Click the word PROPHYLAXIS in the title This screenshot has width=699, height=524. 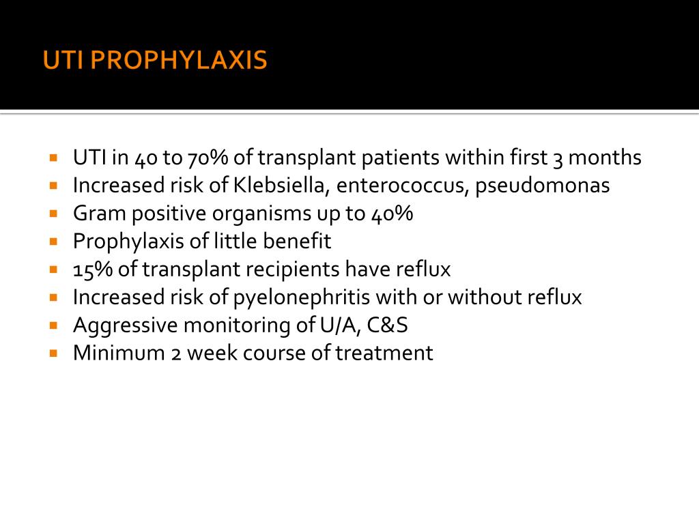179,61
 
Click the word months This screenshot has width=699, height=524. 605,158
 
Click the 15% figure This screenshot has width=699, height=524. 93,270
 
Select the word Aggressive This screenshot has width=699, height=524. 125,326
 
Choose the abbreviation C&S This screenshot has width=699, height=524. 388,325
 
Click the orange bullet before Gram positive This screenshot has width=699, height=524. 54,213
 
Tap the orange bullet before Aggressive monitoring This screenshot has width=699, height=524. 54,325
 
